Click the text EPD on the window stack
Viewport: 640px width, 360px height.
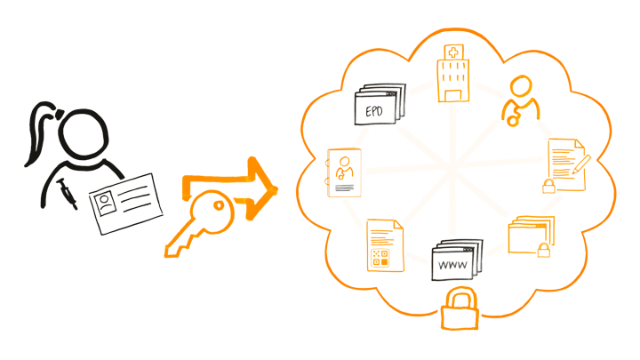(373, 111)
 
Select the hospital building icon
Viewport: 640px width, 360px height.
(451, 76)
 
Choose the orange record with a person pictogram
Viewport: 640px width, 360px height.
(345, 172)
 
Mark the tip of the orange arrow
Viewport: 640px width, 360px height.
(278, 188)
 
